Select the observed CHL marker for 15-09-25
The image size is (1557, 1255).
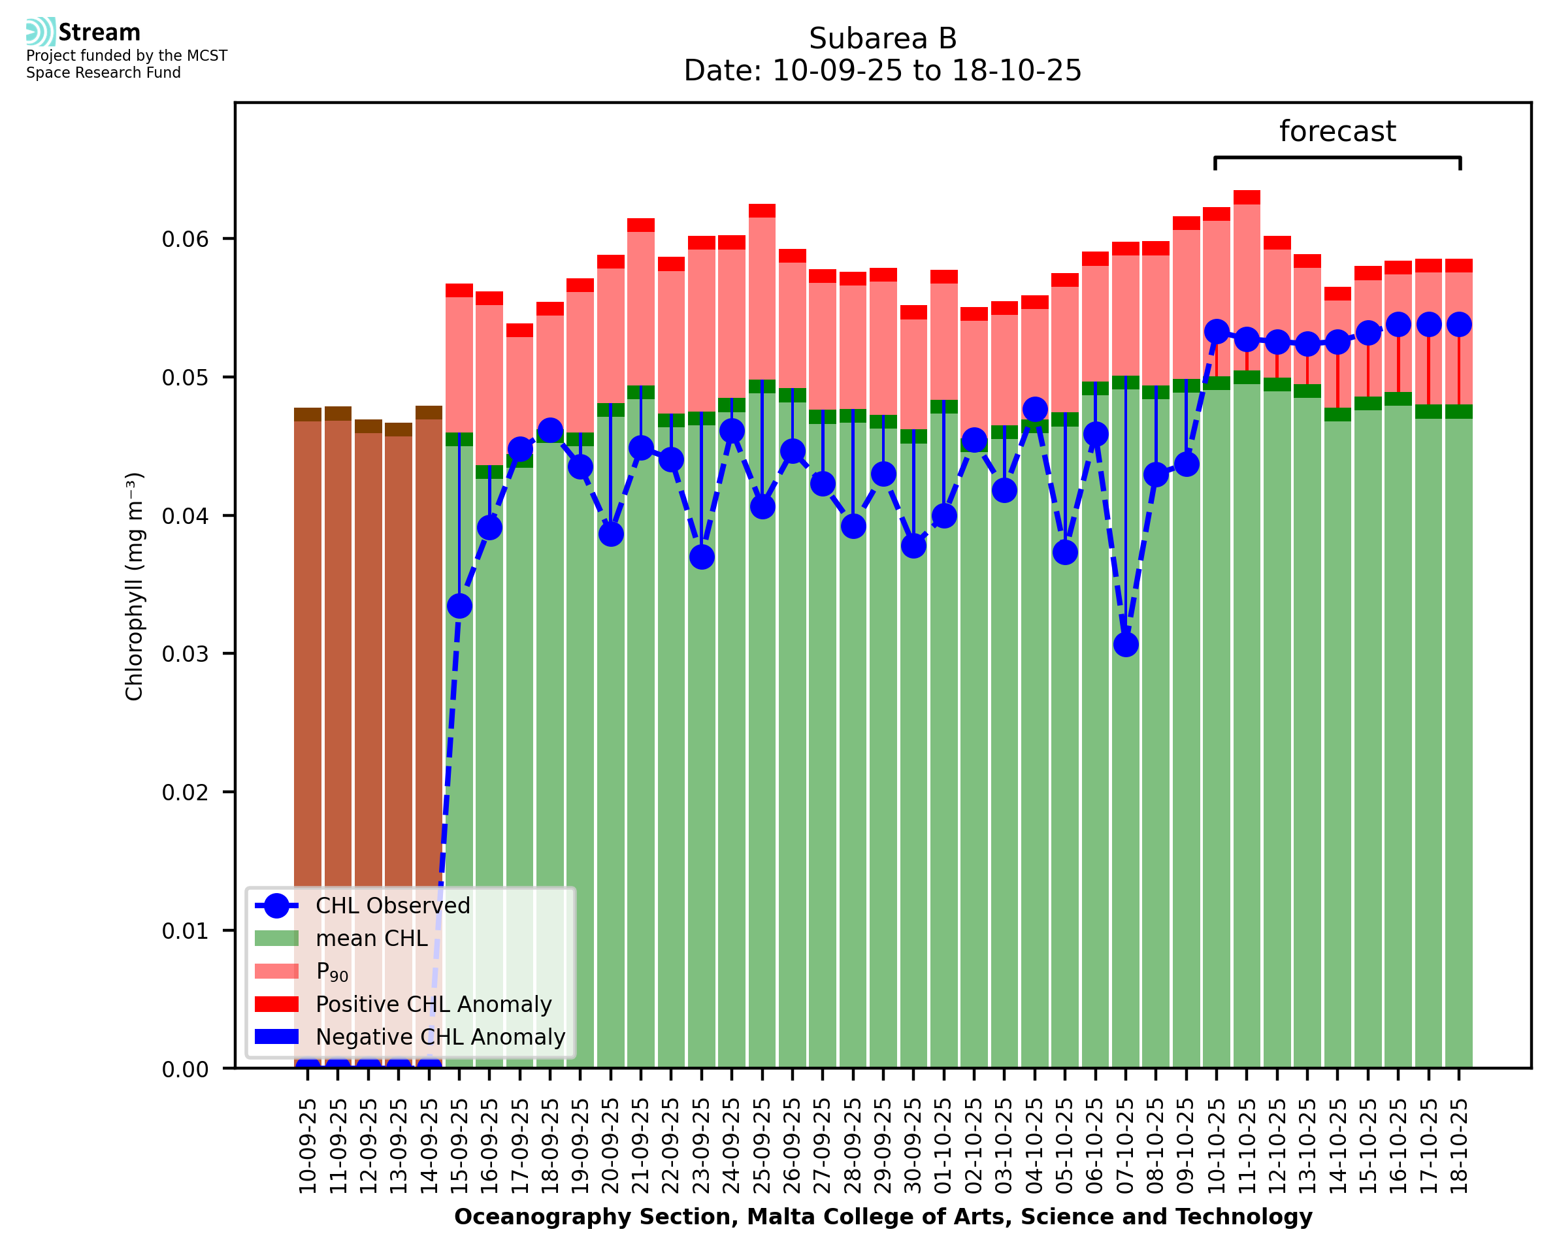pyautogui.click(x=460, y=606)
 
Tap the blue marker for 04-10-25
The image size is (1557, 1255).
pyautogui.click(x=1034, y=409)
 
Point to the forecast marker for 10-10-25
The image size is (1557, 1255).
pyautogui.click(x=1217, y=332)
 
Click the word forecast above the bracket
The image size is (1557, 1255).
pyautogui.click(x=1337, y=131)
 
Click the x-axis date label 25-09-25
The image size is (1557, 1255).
pyautogui.click(x=762, y=1146)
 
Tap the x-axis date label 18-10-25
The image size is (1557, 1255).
pyautogui.click(x=1460, y=1146)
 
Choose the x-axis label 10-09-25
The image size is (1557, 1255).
pyautogui.click(x=308, y=1146)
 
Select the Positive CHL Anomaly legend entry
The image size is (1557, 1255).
pyautogui.click(x=433, y=1004)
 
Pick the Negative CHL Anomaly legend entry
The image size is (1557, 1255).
pyautogui.click(x=440, y=1037)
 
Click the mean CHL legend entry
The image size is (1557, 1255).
pyautogui.click(x=372, y=938)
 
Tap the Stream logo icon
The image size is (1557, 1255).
pyautogui.click(x=41, y=32)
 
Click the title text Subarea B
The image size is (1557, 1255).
pyautogui.click(x=883, y=39)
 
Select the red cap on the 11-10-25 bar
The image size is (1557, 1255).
pyautogui.click(x=1247, y=197)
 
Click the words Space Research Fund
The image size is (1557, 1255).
pyautogui.click(x=103, y=73)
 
